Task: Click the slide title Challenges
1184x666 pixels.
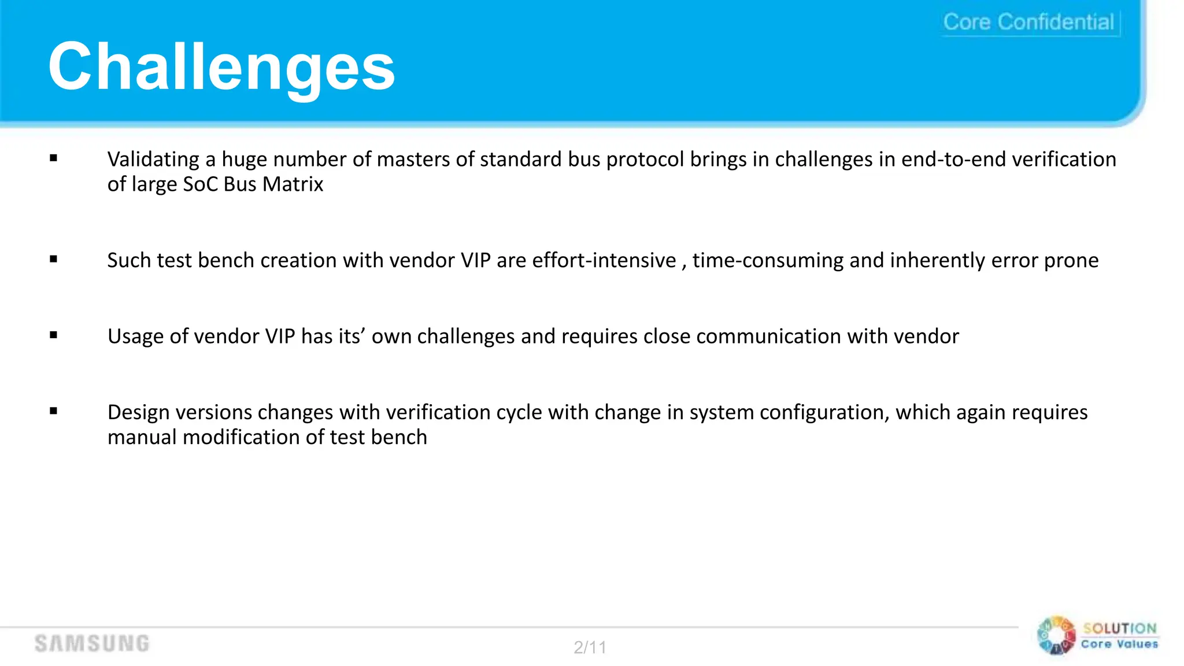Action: tap(221, 67)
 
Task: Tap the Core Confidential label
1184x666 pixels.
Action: tap(1028, 22)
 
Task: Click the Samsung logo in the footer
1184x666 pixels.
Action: tap(92, 643)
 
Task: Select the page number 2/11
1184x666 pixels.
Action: tap(590, 647)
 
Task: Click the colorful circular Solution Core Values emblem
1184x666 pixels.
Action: tap(1056, 635)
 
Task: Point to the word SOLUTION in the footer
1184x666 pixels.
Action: tap(1120, 628)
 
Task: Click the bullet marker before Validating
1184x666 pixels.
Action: tap(54, 158)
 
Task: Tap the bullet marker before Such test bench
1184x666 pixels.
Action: tap(54, 259)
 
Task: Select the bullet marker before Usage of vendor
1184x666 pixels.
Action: tap(54, 335)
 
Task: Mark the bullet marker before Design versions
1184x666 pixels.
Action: tap(54, 411)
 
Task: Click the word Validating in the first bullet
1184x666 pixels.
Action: tap(153, 160)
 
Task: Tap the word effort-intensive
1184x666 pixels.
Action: tap(604, 261)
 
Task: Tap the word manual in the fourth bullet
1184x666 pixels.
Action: tap(142, 438)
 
